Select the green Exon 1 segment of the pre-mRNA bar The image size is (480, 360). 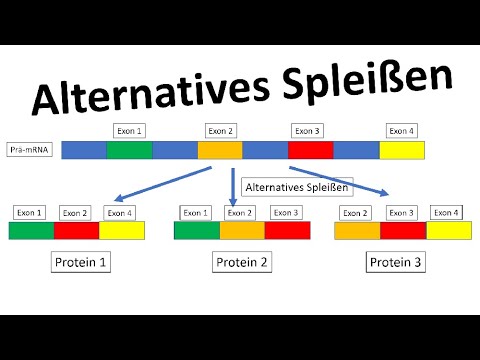pos(129,150)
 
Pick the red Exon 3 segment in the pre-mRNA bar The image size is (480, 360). pos(310,150)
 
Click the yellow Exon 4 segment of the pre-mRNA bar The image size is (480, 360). pos(402,150)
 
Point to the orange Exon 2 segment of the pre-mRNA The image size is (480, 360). pos(219,150)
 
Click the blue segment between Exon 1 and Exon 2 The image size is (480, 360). pos(174,150)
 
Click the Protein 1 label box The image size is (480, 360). pos(80,264)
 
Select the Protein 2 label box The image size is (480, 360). pos(240,264)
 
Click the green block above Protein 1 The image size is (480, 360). pos(31,231)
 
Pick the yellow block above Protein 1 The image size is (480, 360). pos(121,231)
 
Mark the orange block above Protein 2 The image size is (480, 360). pos(241,231)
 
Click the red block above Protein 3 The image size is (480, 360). pos(403,231)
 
